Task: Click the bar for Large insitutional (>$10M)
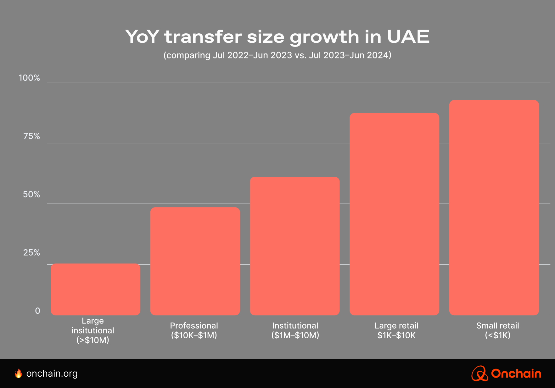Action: click(x=95, y=289)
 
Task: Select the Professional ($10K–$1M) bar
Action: click(x=195, y=261)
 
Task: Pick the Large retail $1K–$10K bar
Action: click(x=394, y=214)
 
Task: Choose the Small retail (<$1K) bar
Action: click(x=494, y=208)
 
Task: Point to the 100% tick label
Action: click(x=29, y=78)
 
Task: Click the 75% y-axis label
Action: click(x=31, y=136)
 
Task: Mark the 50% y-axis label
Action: click(x=31, y=194)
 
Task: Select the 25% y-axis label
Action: click(x=31, y=252)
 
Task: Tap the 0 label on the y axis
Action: click(x=37, y=311)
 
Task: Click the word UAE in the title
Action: click(x=408, y=37)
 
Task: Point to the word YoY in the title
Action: click(x=142, y=37)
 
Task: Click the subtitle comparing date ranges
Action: click(x=277, y=55)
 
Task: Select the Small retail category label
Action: click(x=497, y=330)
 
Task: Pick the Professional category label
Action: click(x=194, y=330)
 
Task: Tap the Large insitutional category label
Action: click(x=93, y=330)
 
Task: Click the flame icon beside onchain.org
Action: click(x=19, y=374)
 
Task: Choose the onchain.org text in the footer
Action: click(x=52, y=374)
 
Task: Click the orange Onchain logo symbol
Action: click(x=479, y=374)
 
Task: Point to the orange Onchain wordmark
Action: click(x=516, y=374)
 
